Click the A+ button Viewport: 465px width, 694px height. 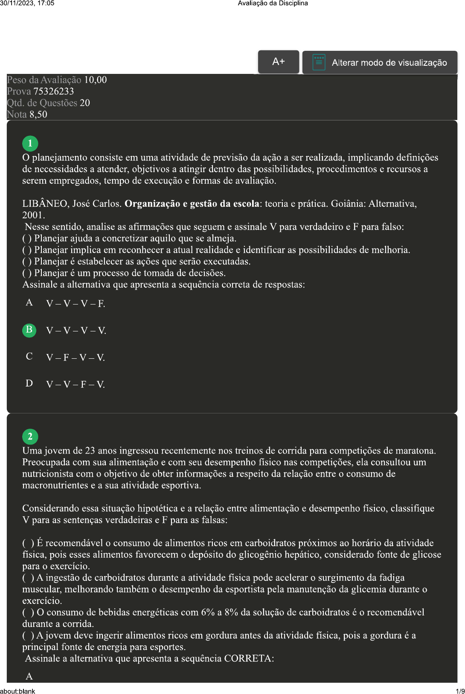(278, 62)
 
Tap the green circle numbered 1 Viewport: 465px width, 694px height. (30, 143)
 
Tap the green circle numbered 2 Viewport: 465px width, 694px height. (30, 436)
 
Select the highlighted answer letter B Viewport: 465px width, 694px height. (29, 330)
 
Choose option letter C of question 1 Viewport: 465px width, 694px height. (29, 357)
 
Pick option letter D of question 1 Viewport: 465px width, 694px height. (29, 384)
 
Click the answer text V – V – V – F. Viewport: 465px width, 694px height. (76, 304)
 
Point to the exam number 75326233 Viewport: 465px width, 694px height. (53, 91)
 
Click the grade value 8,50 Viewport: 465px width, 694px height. (38, 114)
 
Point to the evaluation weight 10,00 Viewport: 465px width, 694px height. (95, 80)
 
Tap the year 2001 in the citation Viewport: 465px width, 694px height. (32, 215)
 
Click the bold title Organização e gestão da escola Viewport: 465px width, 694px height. (192, 204)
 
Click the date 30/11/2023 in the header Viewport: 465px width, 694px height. (15, 3)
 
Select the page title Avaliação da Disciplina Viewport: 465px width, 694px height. (273, 3)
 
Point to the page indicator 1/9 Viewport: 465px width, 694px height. (460, 691)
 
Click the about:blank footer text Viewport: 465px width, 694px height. (17, 691)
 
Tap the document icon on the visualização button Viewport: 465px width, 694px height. (319, 62)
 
